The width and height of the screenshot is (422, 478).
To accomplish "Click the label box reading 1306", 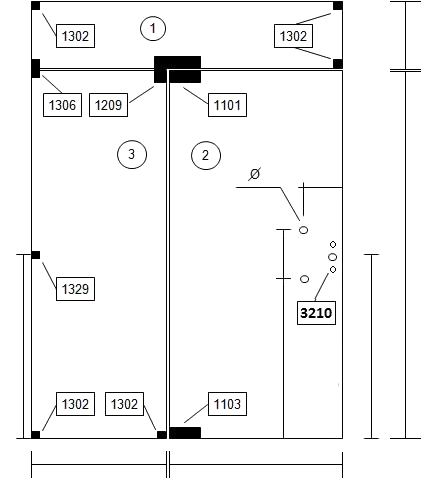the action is point(62,105).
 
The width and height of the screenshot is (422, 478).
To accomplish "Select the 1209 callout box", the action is point(108,105).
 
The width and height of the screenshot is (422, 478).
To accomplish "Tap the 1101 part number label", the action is point(227,105).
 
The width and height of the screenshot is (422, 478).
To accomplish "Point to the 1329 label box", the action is point(75,289).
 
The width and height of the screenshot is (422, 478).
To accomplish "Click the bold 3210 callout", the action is point(316,313).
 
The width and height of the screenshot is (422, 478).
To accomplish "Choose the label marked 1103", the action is point(227,404).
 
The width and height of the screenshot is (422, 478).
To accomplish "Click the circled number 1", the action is point(153,29).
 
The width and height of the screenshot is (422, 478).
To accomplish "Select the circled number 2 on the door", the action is point(206,155).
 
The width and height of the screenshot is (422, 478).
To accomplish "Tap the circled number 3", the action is point(132,154).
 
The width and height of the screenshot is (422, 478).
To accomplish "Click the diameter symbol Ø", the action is point(255,174).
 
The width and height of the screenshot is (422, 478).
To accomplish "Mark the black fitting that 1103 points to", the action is point(185,433).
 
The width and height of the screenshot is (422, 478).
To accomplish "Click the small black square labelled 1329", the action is point(36,255).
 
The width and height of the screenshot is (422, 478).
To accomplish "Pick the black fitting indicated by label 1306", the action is point(36,68).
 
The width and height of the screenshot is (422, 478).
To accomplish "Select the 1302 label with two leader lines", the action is point(293,36).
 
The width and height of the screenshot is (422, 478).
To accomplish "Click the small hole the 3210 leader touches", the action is point(333,269).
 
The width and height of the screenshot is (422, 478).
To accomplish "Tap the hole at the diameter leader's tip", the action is point(303,230).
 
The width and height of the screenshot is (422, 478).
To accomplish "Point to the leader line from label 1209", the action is point(141,95).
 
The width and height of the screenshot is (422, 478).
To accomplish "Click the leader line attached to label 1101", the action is point(196,96).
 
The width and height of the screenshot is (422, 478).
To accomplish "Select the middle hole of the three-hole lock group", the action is point(332,257).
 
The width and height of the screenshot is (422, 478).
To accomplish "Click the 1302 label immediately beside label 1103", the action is point(124,404).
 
